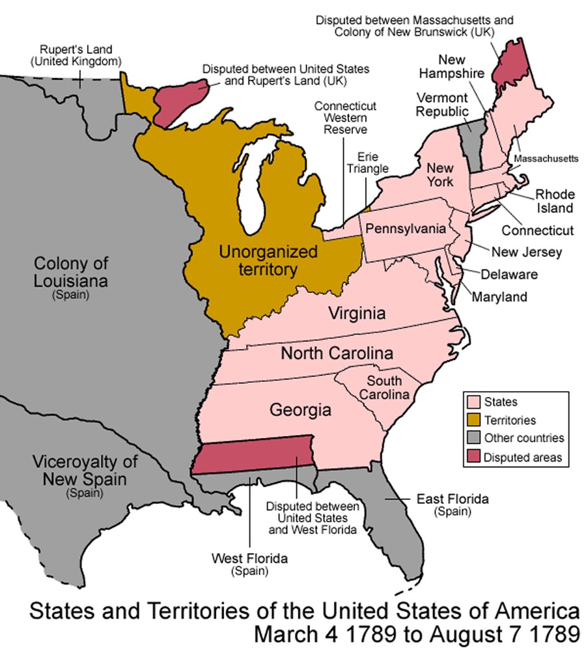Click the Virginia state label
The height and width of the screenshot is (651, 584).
click(x=357, y=313)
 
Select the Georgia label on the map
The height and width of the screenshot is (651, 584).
click(x=300, y=410)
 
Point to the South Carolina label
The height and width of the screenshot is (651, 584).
click(x=388, y=388)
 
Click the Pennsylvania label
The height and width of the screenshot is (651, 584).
click(x=406, y=229)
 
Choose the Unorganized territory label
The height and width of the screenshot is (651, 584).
click(x=268, y=260)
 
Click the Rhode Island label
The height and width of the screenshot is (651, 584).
click(x=555, y=201)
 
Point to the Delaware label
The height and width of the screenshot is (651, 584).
click(x=510, y=274)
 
